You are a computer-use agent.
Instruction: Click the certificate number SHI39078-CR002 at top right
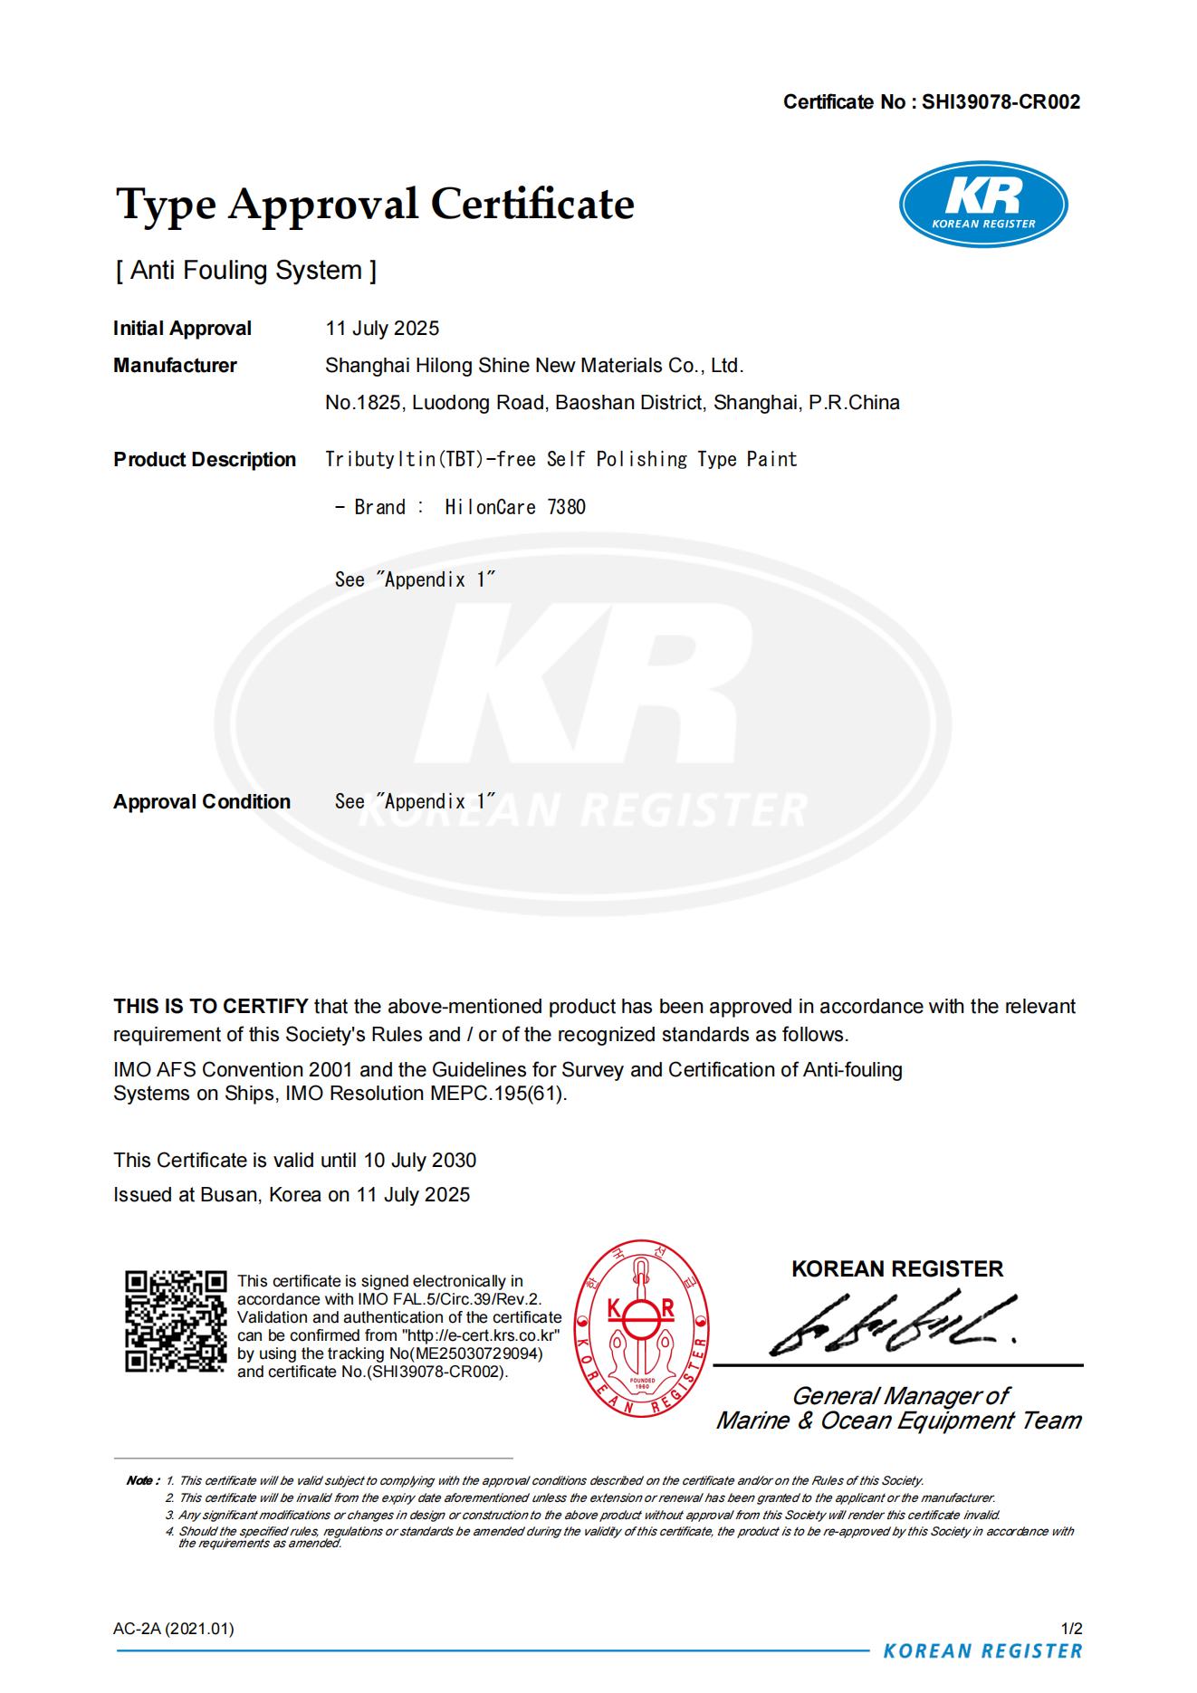(x=1001, y=102)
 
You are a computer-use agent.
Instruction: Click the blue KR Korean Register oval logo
(x=982, y=204)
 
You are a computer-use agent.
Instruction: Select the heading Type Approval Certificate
(x=375, y=204)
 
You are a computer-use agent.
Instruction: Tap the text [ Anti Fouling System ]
(x=245, y=271)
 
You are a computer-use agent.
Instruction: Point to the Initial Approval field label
(x=182, y=329)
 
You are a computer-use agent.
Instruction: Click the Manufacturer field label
(x=175, y=366)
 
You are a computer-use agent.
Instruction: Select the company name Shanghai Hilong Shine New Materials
(x=533, y=366)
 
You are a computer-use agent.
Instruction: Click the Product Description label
(x=205, y=460)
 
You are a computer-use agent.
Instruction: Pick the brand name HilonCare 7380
(x=515, y=507)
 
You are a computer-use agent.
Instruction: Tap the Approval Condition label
(x=202, y=802)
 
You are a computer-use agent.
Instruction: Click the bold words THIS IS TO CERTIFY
(x=211, y=1007)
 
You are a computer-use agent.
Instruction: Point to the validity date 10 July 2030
(x=420, y=1161)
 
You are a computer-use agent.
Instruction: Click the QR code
(x=176, y=1321)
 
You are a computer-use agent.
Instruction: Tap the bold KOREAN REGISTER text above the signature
(x=897, y=1269)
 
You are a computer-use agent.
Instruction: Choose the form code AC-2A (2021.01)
(x=174, y=1629)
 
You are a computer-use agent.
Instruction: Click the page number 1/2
(x=1071, y=1629)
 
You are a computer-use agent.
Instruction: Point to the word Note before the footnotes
(x=141, y=1481)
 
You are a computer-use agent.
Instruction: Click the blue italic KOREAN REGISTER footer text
(x=982, y=1651)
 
